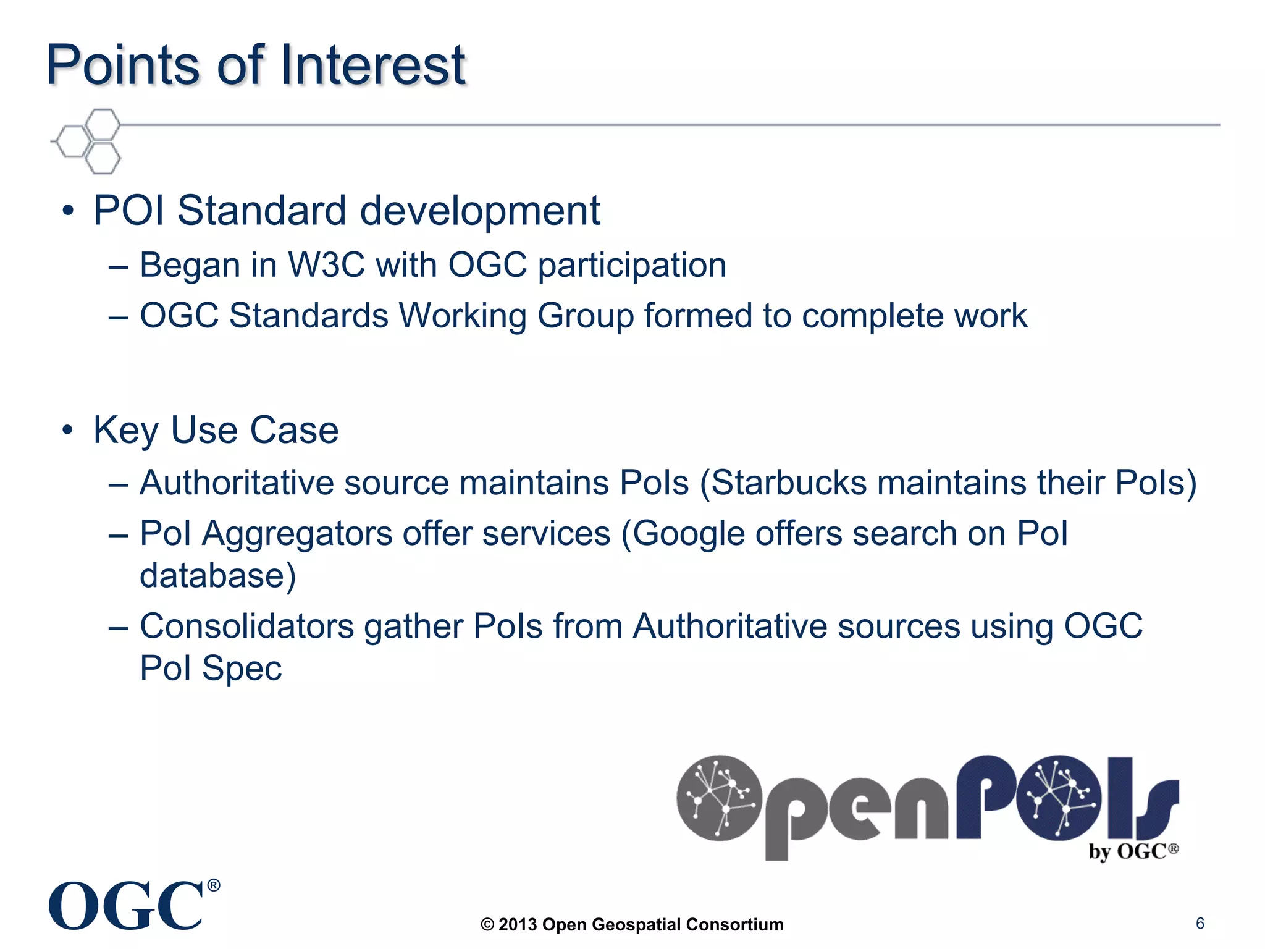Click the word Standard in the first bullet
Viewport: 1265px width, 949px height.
262,211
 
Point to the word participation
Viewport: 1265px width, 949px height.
632,266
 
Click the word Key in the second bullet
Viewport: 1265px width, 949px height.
126,431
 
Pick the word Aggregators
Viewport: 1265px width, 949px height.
297,534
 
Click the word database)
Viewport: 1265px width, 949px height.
217,576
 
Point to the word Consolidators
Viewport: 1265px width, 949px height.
246,626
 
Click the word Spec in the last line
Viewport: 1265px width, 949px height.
242,669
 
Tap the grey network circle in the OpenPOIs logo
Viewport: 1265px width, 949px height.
719,798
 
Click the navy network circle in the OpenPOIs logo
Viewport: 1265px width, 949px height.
1058,798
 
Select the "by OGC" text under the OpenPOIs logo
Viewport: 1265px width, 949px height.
1133,851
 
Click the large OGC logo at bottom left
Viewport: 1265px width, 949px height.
133,906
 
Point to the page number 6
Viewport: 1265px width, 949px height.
1200,923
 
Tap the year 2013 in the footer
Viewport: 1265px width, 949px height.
517,925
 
